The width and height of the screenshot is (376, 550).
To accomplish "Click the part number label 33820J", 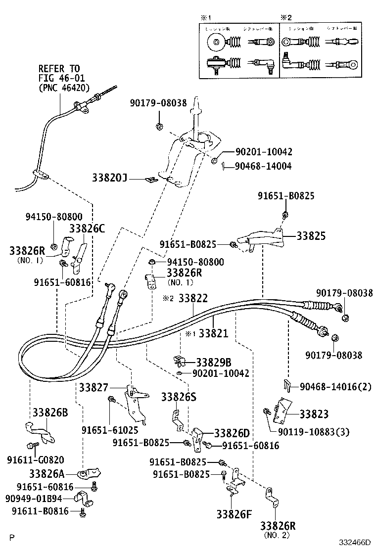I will click(x=110, y=177).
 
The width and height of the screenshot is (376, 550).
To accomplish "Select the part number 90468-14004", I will click(x=263, y=166).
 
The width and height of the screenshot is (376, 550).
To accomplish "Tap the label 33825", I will click(x=311, y=236).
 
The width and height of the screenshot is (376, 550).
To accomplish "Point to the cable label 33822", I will click(x=193, y=299).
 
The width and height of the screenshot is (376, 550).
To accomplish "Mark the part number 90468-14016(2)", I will click(x=335, y=386).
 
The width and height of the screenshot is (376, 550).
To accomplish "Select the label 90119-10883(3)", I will click(x=313, y=432).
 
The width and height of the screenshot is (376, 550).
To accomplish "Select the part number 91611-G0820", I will click(x=35, y=459).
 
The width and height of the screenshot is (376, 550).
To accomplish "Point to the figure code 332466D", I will click(x=355, y=543).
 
